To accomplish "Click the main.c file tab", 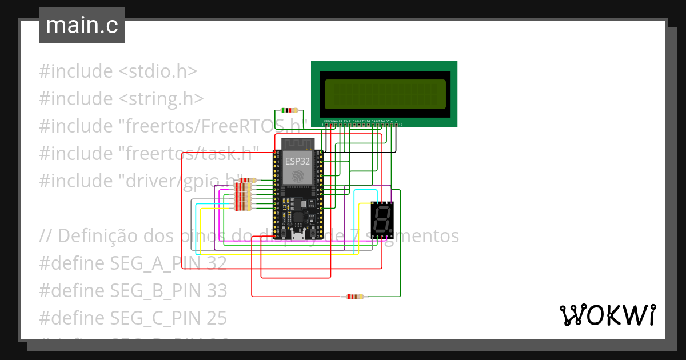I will coord(82,26).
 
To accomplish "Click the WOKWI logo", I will coord(607,315).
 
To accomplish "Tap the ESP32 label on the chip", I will coord(297,162).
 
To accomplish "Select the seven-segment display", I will coord(382,220).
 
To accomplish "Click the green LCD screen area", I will coord(385,94).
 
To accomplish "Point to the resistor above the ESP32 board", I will coord(287,110).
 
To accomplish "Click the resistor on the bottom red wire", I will coord(353,297).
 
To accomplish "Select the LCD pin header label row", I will coord(361,122).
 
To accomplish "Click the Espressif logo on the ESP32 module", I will coord(297,177).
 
